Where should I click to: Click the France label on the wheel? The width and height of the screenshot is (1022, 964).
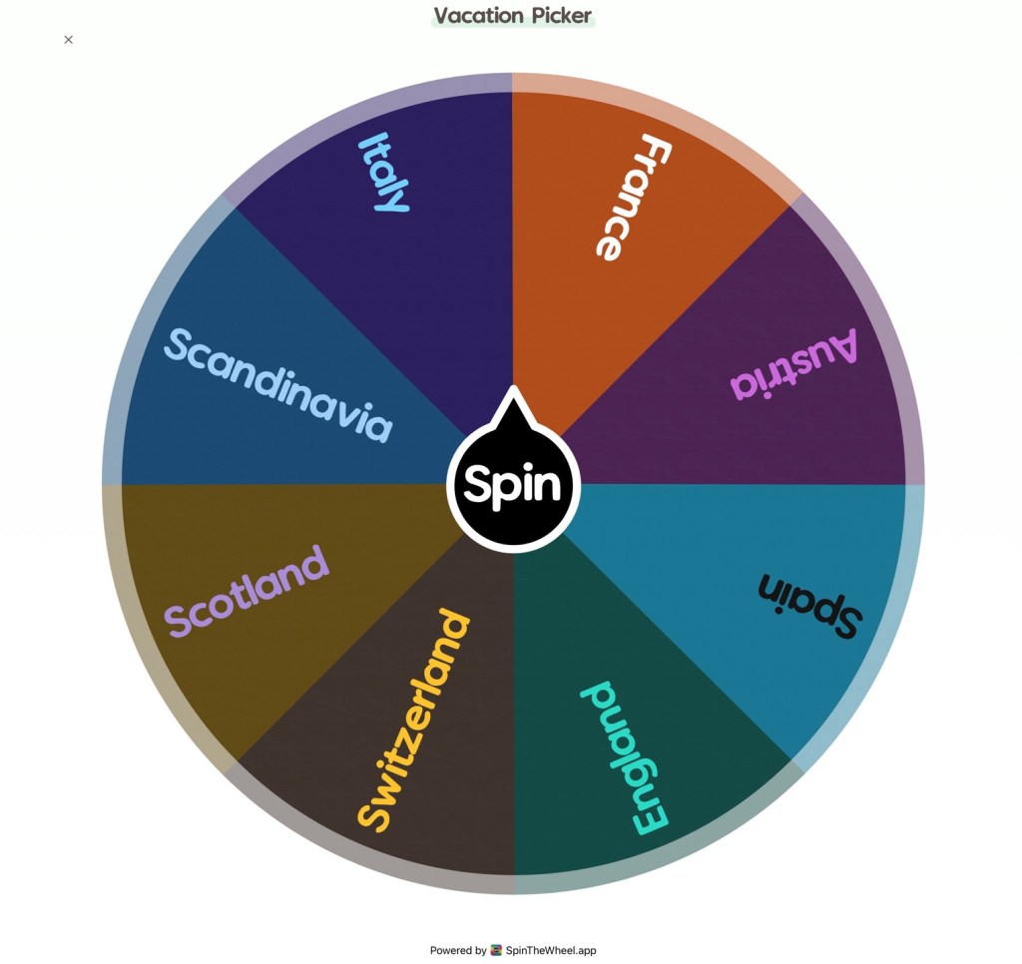(633, 198)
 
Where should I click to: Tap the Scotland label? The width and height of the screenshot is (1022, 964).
(247, 590)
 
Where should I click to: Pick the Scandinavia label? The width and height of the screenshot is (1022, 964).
(277, 384)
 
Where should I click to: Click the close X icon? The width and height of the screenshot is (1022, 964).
(68, 40)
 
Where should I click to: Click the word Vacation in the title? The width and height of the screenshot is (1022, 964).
(478, 16)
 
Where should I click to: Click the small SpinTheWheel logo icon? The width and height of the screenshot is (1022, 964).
(496, 951)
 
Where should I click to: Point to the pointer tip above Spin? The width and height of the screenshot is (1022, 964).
(513, 391)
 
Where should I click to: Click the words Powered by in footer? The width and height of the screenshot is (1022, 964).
(458, 951)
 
